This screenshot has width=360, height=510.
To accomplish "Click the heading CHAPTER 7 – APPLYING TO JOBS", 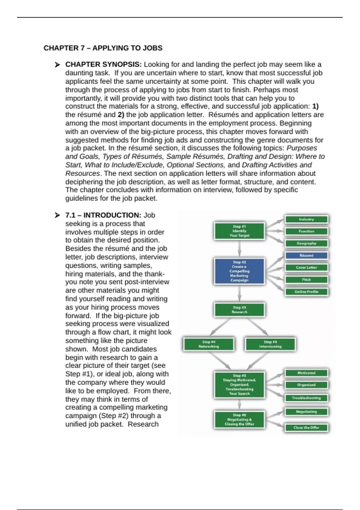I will tap(103, 48).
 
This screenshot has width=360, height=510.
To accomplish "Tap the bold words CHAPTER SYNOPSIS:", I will tap(103, 64).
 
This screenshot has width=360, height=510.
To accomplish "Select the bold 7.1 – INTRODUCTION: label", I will tap(103, 215).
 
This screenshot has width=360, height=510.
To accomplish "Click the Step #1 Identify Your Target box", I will tap(239, 231).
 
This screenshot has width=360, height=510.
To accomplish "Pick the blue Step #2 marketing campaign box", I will tap(239, 271).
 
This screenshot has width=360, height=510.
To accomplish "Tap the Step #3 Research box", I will tap(239, 310).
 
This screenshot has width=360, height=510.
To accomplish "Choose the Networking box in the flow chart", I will tap(209, 344).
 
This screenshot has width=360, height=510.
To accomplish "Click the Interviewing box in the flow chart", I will tap(270, 344).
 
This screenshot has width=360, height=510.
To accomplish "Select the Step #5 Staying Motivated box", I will tap(239, 385).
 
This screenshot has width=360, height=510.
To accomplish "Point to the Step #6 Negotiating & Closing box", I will tap(239, 419).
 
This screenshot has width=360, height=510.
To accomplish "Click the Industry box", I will tap(306, 219).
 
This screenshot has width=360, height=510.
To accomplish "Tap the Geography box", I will tap(306, 243).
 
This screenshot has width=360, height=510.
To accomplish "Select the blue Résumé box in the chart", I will tap(306, 256).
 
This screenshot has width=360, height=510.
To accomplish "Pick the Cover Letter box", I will tap(306, 268).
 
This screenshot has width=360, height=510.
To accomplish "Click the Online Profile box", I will tap(306, 292).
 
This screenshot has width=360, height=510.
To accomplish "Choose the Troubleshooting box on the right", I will tap(306, 398).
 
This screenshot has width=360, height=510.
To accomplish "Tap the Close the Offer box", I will tap(306, 427).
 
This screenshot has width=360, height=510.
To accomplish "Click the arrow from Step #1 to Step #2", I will tap(239, 249).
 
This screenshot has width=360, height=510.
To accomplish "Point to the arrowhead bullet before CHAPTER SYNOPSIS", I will tap(57, 65).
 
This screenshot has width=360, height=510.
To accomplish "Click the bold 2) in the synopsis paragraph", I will tap(121, 115).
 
